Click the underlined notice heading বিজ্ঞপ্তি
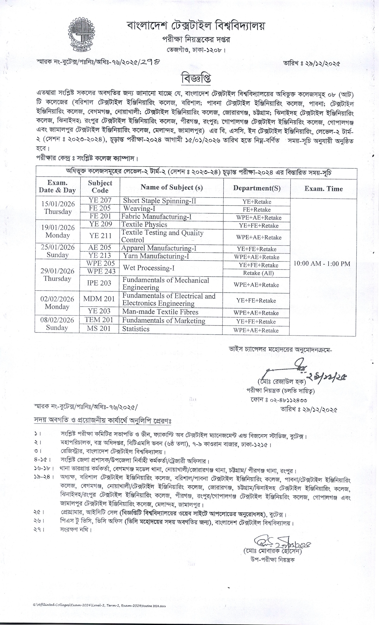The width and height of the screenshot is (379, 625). [196, 78]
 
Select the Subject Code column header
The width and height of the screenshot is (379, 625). [100, 187]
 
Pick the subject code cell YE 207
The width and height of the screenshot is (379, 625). [100, 200]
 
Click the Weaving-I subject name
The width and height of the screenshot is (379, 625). [139, 208]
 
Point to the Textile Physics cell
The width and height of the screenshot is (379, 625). [144, 224]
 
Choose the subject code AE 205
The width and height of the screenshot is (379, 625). [100, 248]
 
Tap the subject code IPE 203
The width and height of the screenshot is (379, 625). [99, 283]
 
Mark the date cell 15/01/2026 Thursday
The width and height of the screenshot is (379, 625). [58, 208]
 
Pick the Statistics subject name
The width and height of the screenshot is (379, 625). [136, 329]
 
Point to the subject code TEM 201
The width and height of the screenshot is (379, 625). [99, 320]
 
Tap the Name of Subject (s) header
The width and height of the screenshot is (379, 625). [172, 187]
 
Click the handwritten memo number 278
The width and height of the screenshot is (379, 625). [151, 62]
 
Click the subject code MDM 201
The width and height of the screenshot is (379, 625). [99, 299]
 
